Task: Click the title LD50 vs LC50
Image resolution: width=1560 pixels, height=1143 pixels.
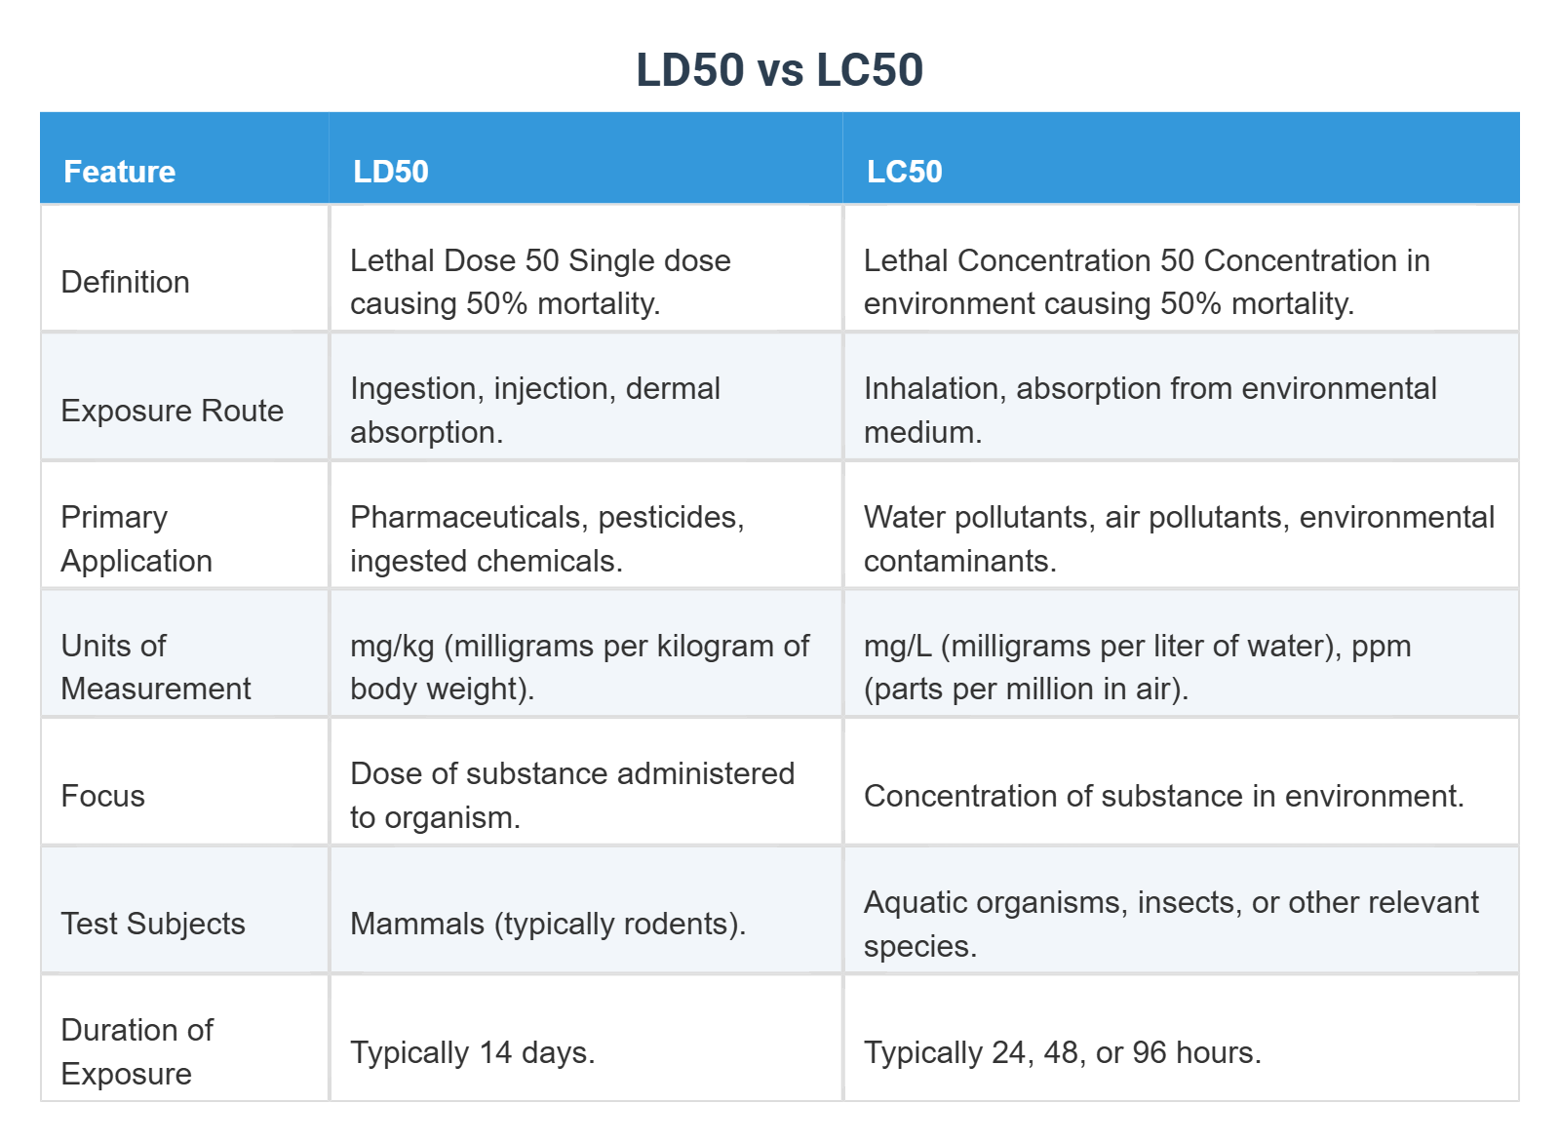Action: (x=779, y=70)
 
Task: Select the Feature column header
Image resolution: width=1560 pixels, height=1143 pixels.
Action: (x=119, y=172)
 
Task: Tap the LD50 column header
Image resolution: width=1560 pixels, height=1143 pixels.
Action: (x=390, y=172)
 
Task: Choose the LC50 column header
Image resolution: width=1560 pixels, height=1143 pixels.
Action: (x=904, y=172)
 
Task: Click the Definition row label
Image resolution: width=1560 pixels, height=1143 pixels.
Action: (x=125, y=282)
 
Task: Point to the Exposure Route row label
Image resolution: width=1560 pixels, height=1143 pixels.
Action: (x=172, y=411)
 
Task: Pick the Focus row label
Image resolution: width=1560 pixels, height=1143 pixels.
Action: (x=102, y=796)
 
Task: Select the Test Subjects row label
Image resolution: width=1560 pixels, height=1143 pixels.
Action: (x=152, y=924)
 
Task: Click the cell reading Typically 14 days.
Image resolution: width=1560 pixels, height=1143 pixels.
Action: (x=472, y=1052)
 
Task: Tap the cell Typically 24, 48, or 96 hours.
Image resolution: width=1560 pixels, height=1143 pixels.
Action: (x=1062, y=1052)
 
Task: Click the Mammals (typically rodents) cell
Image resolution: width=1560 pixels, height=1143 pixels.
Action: (x=547, y=924)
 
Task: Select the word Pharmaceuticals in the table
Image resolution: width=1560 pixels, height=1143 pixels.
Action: (x=469, y=517)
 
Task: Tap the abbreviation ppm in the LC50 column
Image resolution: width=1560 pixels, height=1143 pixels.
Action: (x=1381, y=646)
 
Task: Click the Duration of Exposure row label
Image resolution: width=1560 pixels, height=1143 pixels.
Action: (x=136, y=1051)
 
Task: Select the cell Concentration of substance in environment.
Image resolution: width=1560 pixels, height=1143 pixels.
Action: (x=1163, y=796)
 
